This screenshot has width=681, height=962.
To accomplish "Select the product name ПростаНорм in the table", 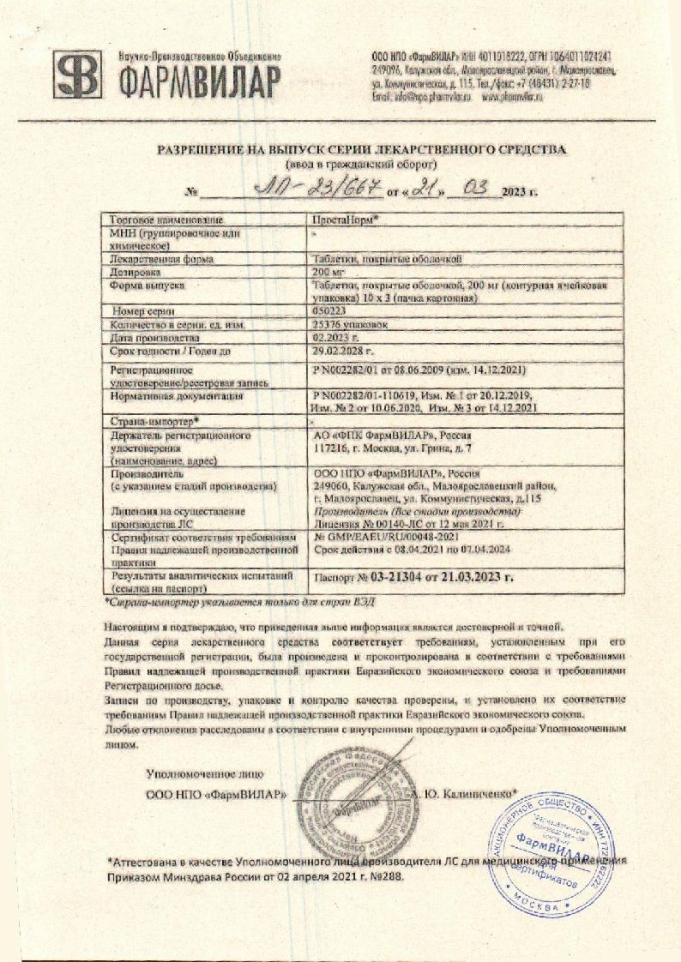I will (x=345, y=219).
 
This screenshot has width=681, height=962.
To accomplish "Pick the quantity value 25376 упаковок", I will (x=352, y=326).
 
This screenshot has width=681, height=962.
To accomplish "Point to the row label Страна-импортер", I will (x=154, y=421).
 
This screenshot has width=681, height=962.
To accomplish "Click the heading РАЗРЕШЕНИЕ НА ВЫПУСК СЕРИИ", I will (x=361, y=149).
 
